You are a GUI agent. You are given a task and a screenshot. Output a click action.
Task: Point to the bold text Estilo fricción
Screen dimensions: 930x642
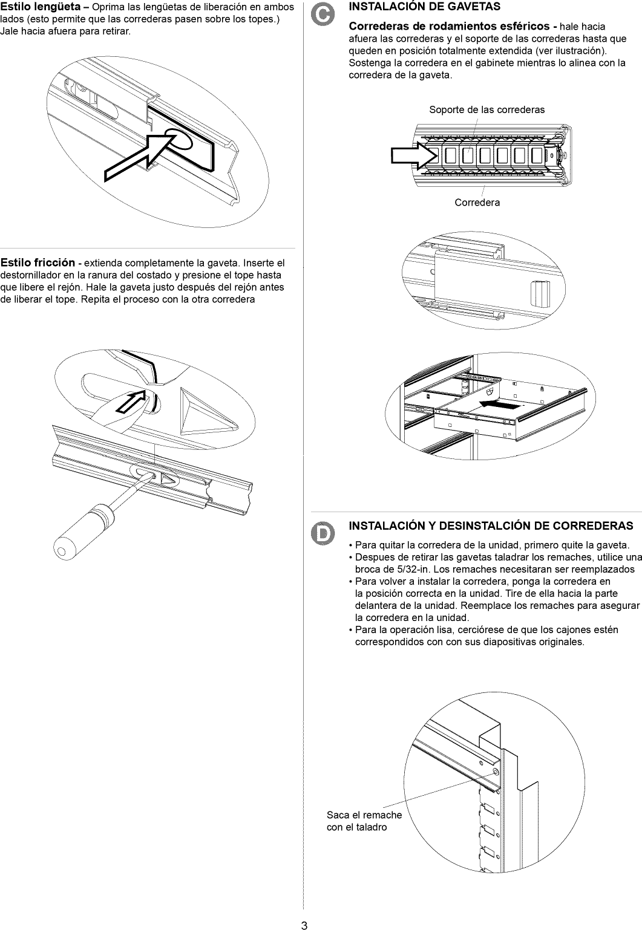[38, 262]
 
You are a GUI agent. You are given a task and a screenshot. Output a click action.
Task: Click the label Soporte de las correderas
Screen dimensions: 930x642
[486, 109]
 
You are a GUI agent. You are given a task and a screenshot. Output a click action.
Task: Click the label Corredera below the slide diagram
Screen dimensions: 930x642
[477, 203]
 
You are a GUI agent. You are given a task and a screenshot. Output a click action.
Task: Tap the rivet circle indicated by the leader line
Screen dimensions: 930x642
[496, 773]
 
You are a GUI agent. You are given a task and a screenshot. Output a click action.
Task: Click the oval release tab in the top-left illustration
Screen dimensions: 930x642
[179, 140]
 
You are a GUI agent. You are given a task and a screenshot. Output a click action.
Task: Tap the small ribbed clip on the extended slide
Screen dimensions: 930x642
[537, 294]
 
